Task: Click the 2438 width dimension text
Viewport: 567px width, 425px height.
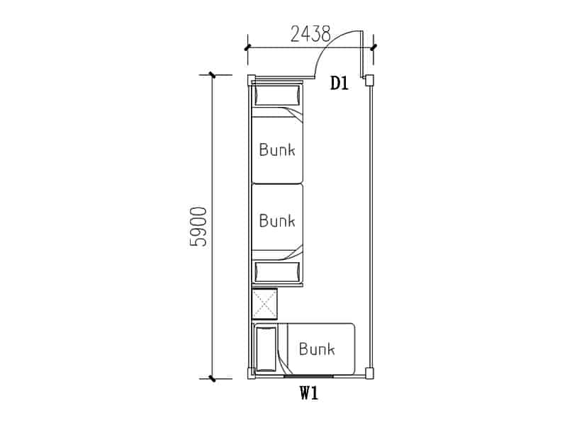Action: (x=310, y=34)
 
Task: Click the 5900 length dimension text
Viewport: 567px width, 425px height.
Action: (x=198, y=227)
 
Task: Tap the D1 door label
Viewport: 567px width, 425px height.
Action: (x=339, y=84)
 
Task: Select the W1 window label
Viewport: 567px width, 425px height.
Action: (x=309, y=393)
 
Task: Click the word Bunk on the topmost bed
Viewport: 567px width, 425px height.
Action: (x=277, y=149)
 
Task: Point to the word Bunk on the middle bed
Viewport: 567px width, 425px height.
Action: (x=277, y=220)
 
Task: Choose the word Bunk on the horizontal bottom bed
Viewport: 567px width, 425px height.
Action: (x=317, y=348)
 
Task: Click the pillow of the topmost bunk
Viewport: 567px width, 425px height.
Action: (x=278, y=96)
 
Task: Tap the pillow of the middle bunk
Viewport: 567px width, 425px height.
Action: (x=278, y=272)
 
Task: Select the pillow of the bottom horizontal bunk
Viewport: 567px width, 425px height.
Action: (x=266, y=349)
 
